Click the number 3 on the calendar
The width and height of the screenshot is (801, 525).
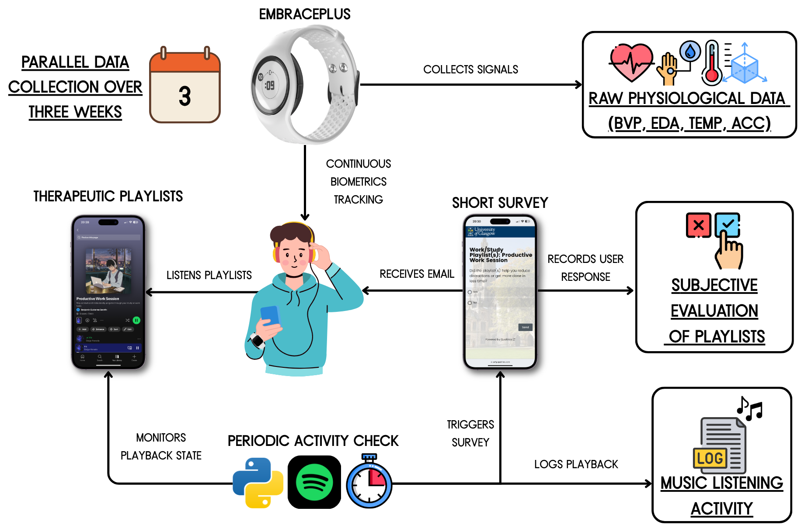coord(185,96)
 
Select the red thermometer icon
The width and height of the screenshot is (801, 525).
coord(711,64)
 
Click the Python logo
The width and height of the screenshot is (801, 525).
coord(258,483)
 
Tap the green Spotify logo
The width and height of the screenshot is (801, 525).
coord(314,482)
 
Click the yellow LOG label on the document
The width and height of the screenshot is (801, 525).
coord(710,458)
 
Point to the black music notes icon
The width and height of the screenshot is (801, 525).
coord(749,409)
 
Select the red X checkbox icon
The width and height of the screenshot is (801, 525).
coord(698,225)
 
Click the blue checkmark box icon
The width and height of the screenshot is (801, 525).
coord(727,225)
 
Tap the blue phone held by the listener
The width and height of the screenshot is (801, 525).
coord(270,316)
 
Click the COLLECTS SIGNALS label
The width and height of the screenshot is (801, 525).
coord(470,69)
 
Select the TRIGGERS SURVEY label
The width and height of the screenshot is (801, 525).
coord(470,433)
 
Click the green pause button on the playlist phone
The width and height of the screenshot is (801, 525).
coord(136,320)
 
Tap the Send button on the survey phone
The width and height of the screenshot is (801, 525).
coord(525,327)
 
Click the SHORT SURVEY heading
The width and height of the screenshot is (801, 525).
coord(500,203)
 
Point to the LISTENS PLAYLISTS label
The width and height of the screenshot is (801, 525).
coord(209,275)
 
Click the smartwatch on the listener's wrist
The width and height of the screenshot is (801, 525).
coord(257,341)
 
